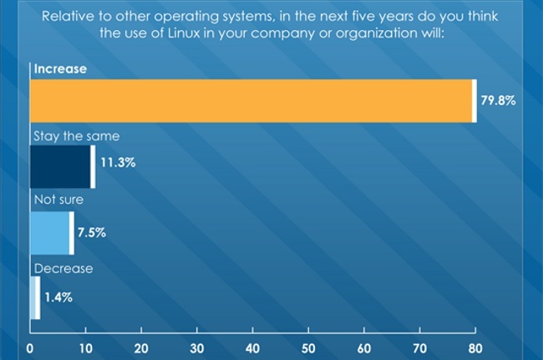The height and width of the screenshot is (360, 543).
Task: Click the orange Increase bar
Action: [251, 101]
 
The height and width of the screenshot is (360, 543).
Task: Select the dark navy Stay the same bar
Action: [60, 166]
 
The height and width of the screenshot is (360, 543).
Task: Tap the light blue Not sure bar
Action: [50, 232]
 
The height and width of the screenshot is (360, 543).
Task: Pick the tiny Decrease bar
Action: [34, 298]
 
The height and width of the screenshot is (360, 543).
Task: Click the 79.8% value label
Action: [498, 101]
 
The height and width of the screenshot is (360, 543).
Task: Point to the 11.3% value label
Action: [118, 164]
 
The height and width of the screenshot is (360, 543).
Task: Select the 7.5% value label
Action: [91, 232]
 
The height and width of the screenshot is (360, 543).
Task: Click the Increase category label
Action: [59, 69]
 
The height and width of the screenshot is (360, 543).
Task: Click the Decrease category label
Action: [63, 269]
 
